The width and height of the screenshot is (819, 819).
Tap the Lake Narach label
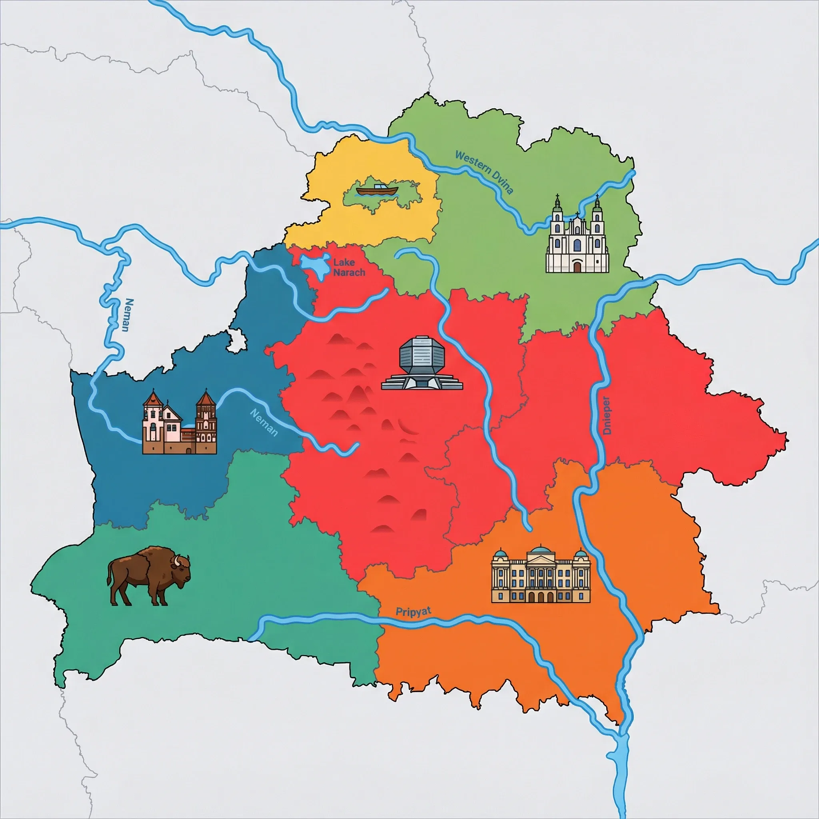(349, 268)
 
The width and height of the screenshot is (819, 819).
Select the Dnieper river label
(607, 415)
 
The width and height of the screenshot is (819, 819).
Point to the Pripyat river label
(413, 612)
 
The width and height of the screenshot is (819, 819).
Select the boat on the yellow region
(377, 190)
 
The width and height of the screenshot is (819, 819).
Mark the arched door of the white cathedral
(577, 267)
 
